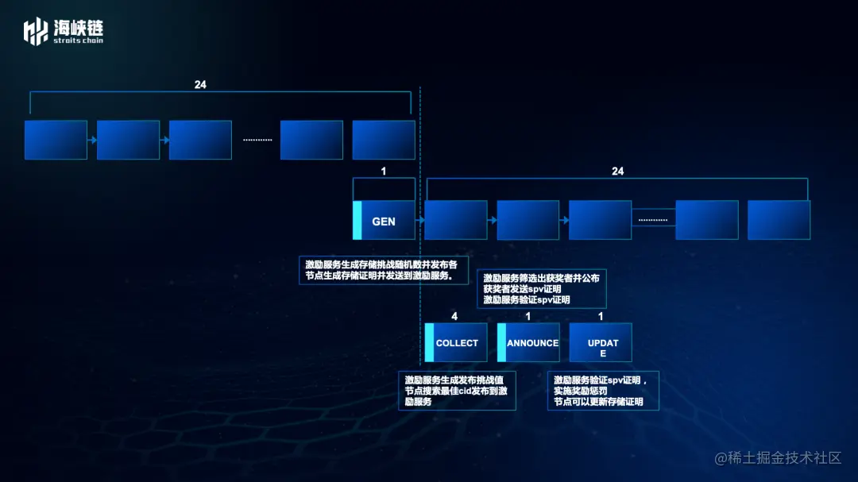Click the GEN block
[384, 221]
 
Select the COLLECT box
[456, 343]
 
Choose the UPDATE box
[601, 343]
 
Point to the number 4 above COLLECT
[454, 316]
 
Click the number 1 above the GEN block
[384, 171]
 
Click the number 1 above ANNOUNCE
[528, 316]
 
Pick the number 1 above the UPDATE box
[601, 316]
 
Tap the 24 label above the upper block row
[200, 84]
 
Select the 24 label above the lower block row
[617, 171]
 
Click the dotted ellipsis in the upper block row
[257, 140]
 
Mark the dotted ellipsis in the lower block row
[653, 220]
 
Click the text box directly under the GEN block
[384, 269]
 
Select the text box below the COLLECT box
[457, 390]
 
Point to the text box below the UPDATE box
[603, 390]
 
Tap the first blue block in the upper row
[56, 140]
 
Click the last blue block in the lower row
[779, 220]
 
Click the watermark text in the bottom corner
[778, 458]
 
